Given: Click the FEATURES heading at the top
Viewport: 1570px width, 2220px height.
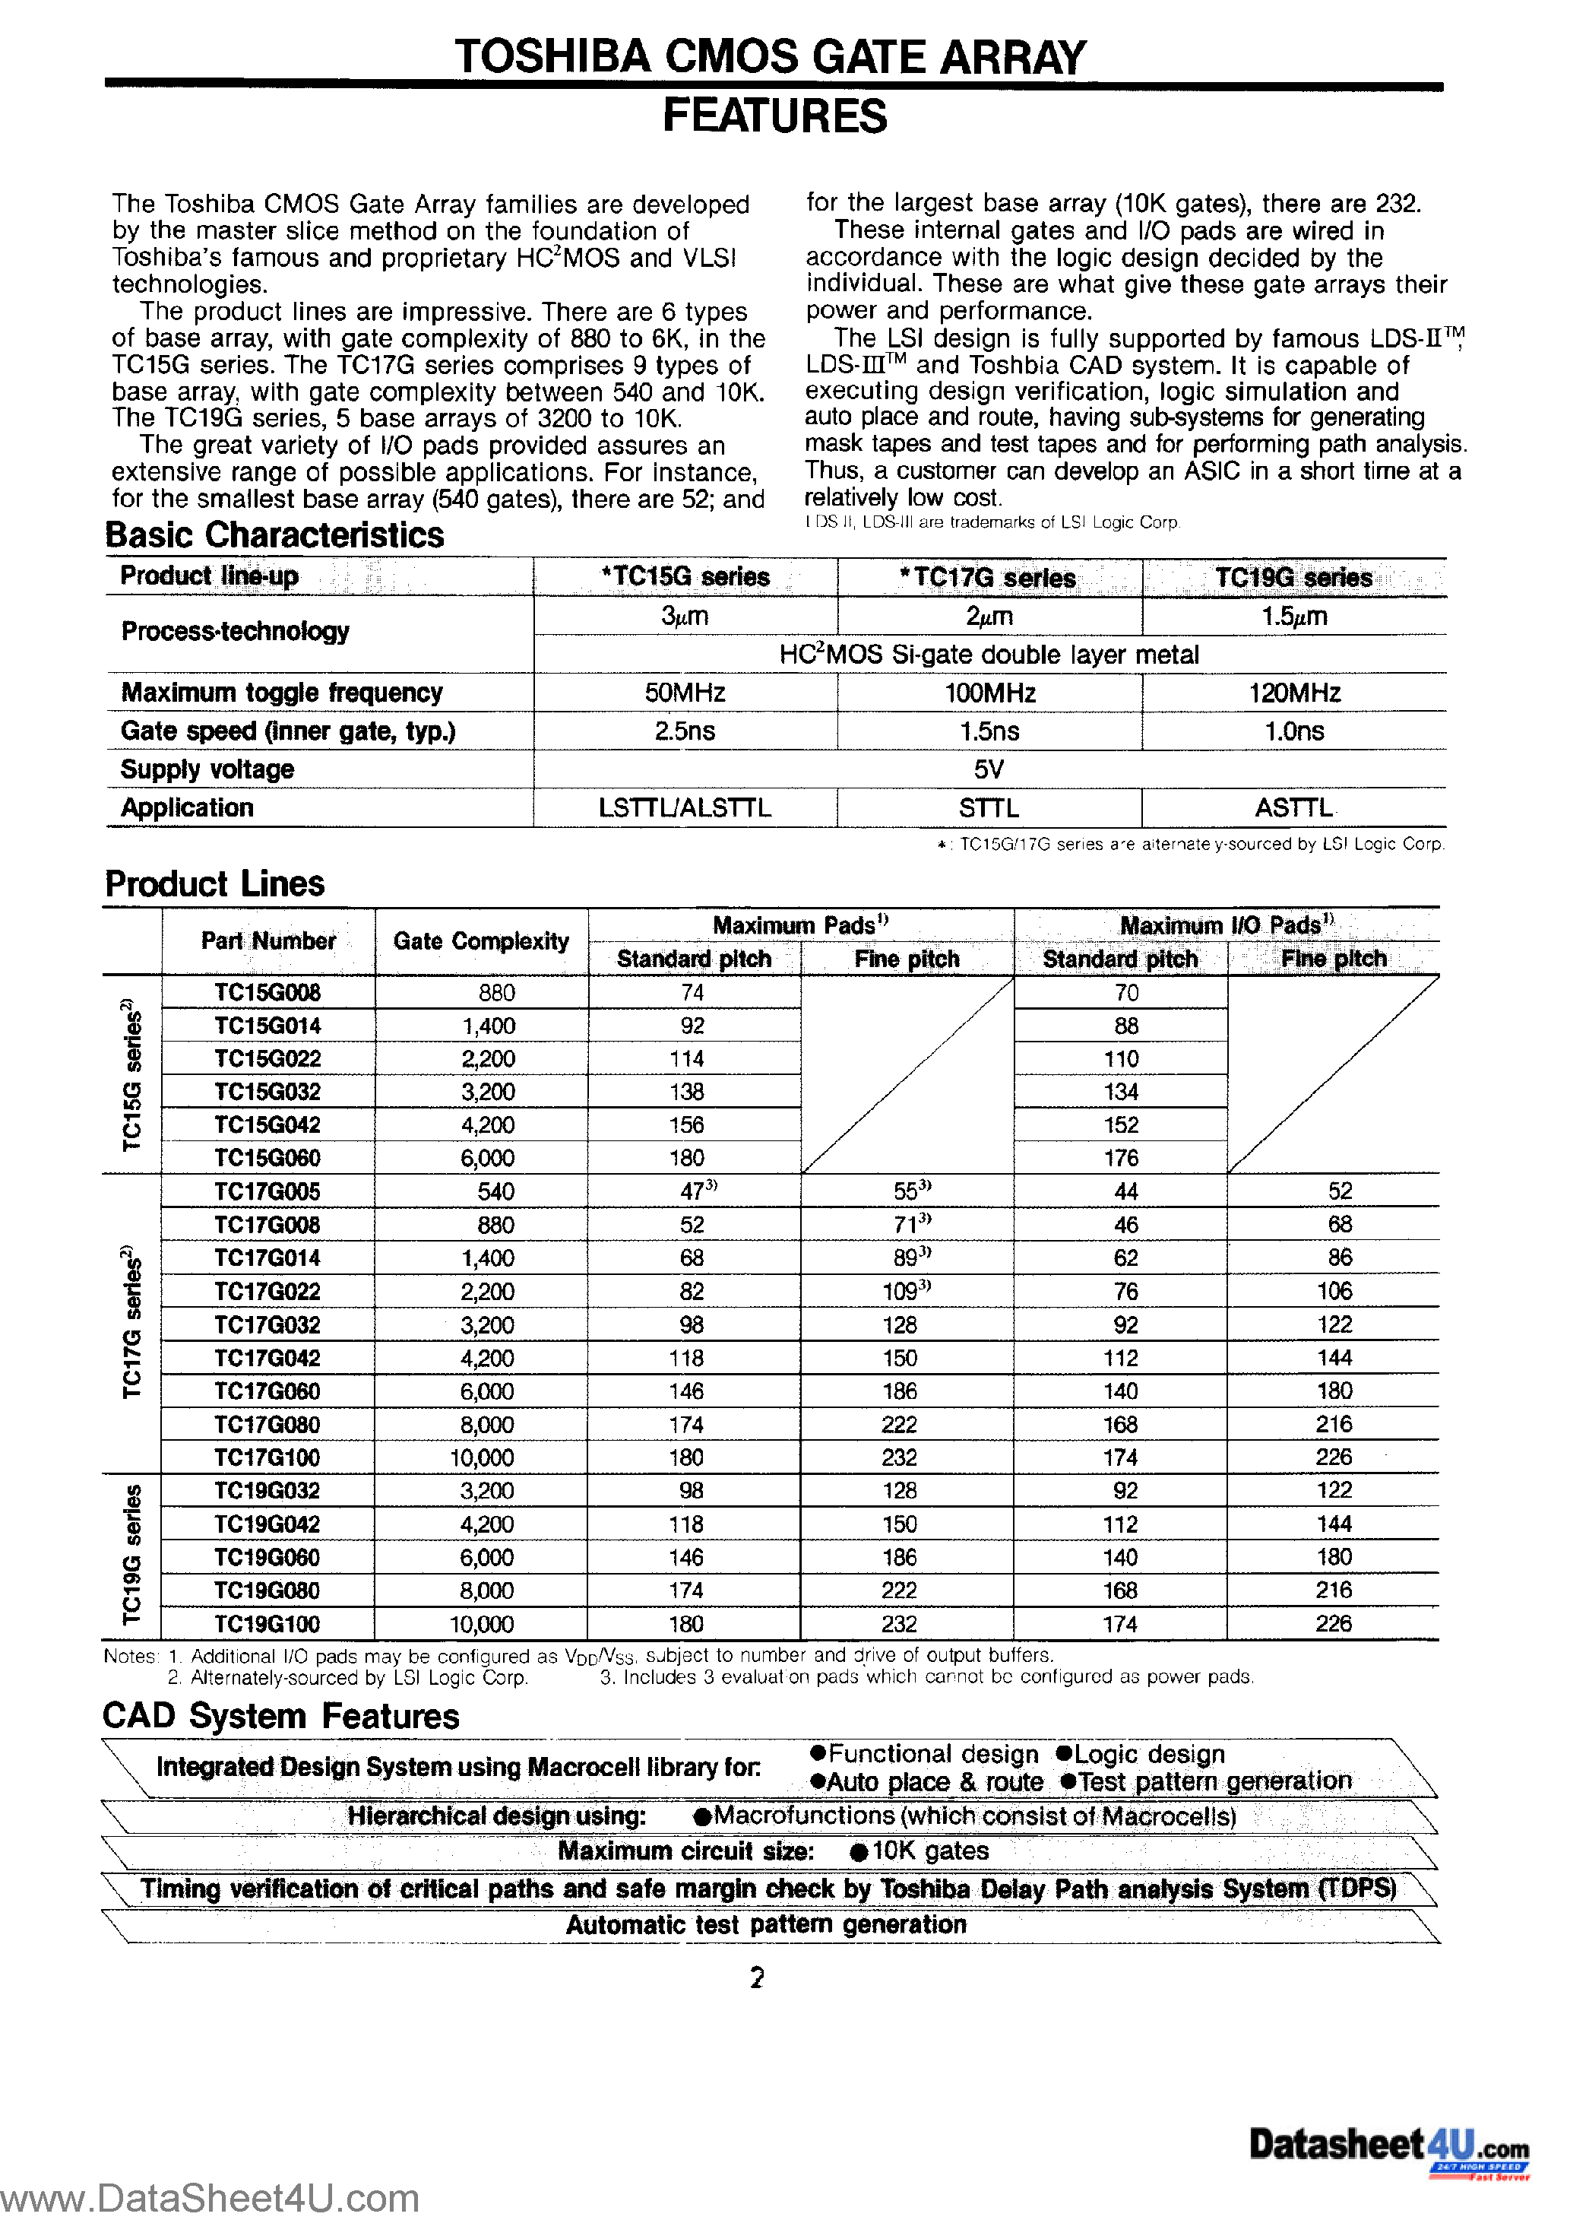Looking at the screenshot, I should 774,116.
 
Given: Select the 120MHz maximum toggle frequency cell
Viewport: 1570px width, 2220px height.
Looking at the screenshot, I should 1293,693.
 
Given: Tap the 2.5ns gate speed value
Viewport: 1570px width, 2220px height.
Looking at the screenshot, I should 685,731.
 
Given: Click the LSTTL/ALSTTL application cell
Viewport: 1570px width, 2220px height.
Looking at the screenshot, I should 685,807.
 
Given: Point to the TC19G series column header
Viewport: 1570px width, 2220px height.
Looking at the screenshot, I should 1293,577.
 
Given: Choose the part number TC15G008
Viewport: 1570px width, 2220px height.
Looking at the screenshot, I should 267,992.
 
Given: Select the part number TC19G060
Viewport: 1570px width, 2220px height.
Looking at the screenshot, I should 267,1557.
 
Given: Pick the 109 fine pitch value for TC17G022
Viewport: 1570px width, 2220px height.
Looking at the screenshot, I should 904,1291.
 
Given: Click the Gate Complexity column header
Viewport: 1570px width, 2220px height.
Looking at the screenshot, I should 480,940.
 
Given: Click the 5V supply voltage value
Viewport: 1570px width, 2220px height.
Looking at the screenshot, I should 989,769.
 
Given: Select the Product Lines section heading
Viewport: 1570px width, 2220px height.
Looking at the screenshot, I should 214,883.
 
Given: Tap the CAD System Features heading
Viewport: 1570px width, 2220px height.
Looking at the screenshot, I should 280,1716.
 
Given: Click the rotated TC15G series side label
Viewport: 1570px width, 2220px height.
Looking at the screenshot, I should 132,1075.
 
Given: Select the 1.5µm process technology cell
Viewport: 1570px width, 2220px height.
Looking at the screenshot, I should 1293,616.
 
